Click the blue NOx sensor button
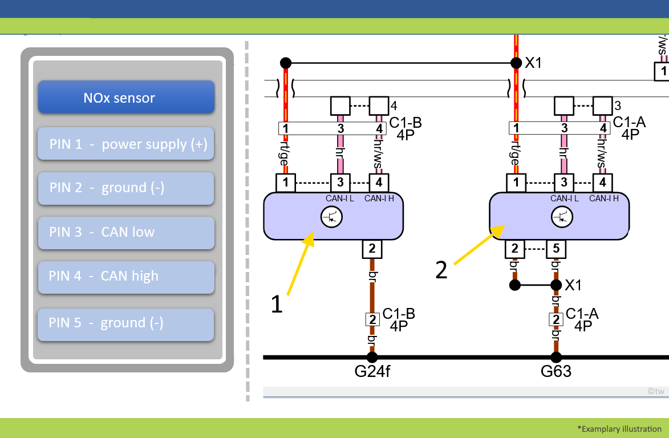click(x=126, y=98)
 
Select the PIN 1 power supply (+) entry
click(x=126, y=144)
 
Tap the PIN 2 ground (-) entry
click(x=126, y=188)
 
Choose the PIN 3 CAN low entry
click(x=126, y=232)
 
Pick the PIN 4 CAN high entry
click(x=126, y=277)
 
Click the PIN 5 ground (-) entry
click(x=126, y=323)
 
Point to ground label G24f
click(x=372, y=372)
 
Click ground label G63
click(x=556, y=372)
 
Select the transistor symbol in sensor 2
click(x=562, y=217)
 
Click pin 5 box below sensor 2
click(x=556, y=249)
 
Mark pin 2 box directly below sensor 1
click(x=372, y=249)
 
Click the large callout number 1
click(x=277, y=305)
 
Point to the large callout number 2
click(x=441, y=270)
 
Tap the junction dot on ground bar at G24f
click(x=372, y=357)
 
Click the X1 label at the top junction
click(x=533, y=63)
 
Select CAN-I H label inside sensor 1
click(x=379, y=198)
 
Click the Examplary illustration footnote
click(x=619, y=429)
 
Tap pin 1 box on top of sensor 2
click(x=516, y=182)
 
